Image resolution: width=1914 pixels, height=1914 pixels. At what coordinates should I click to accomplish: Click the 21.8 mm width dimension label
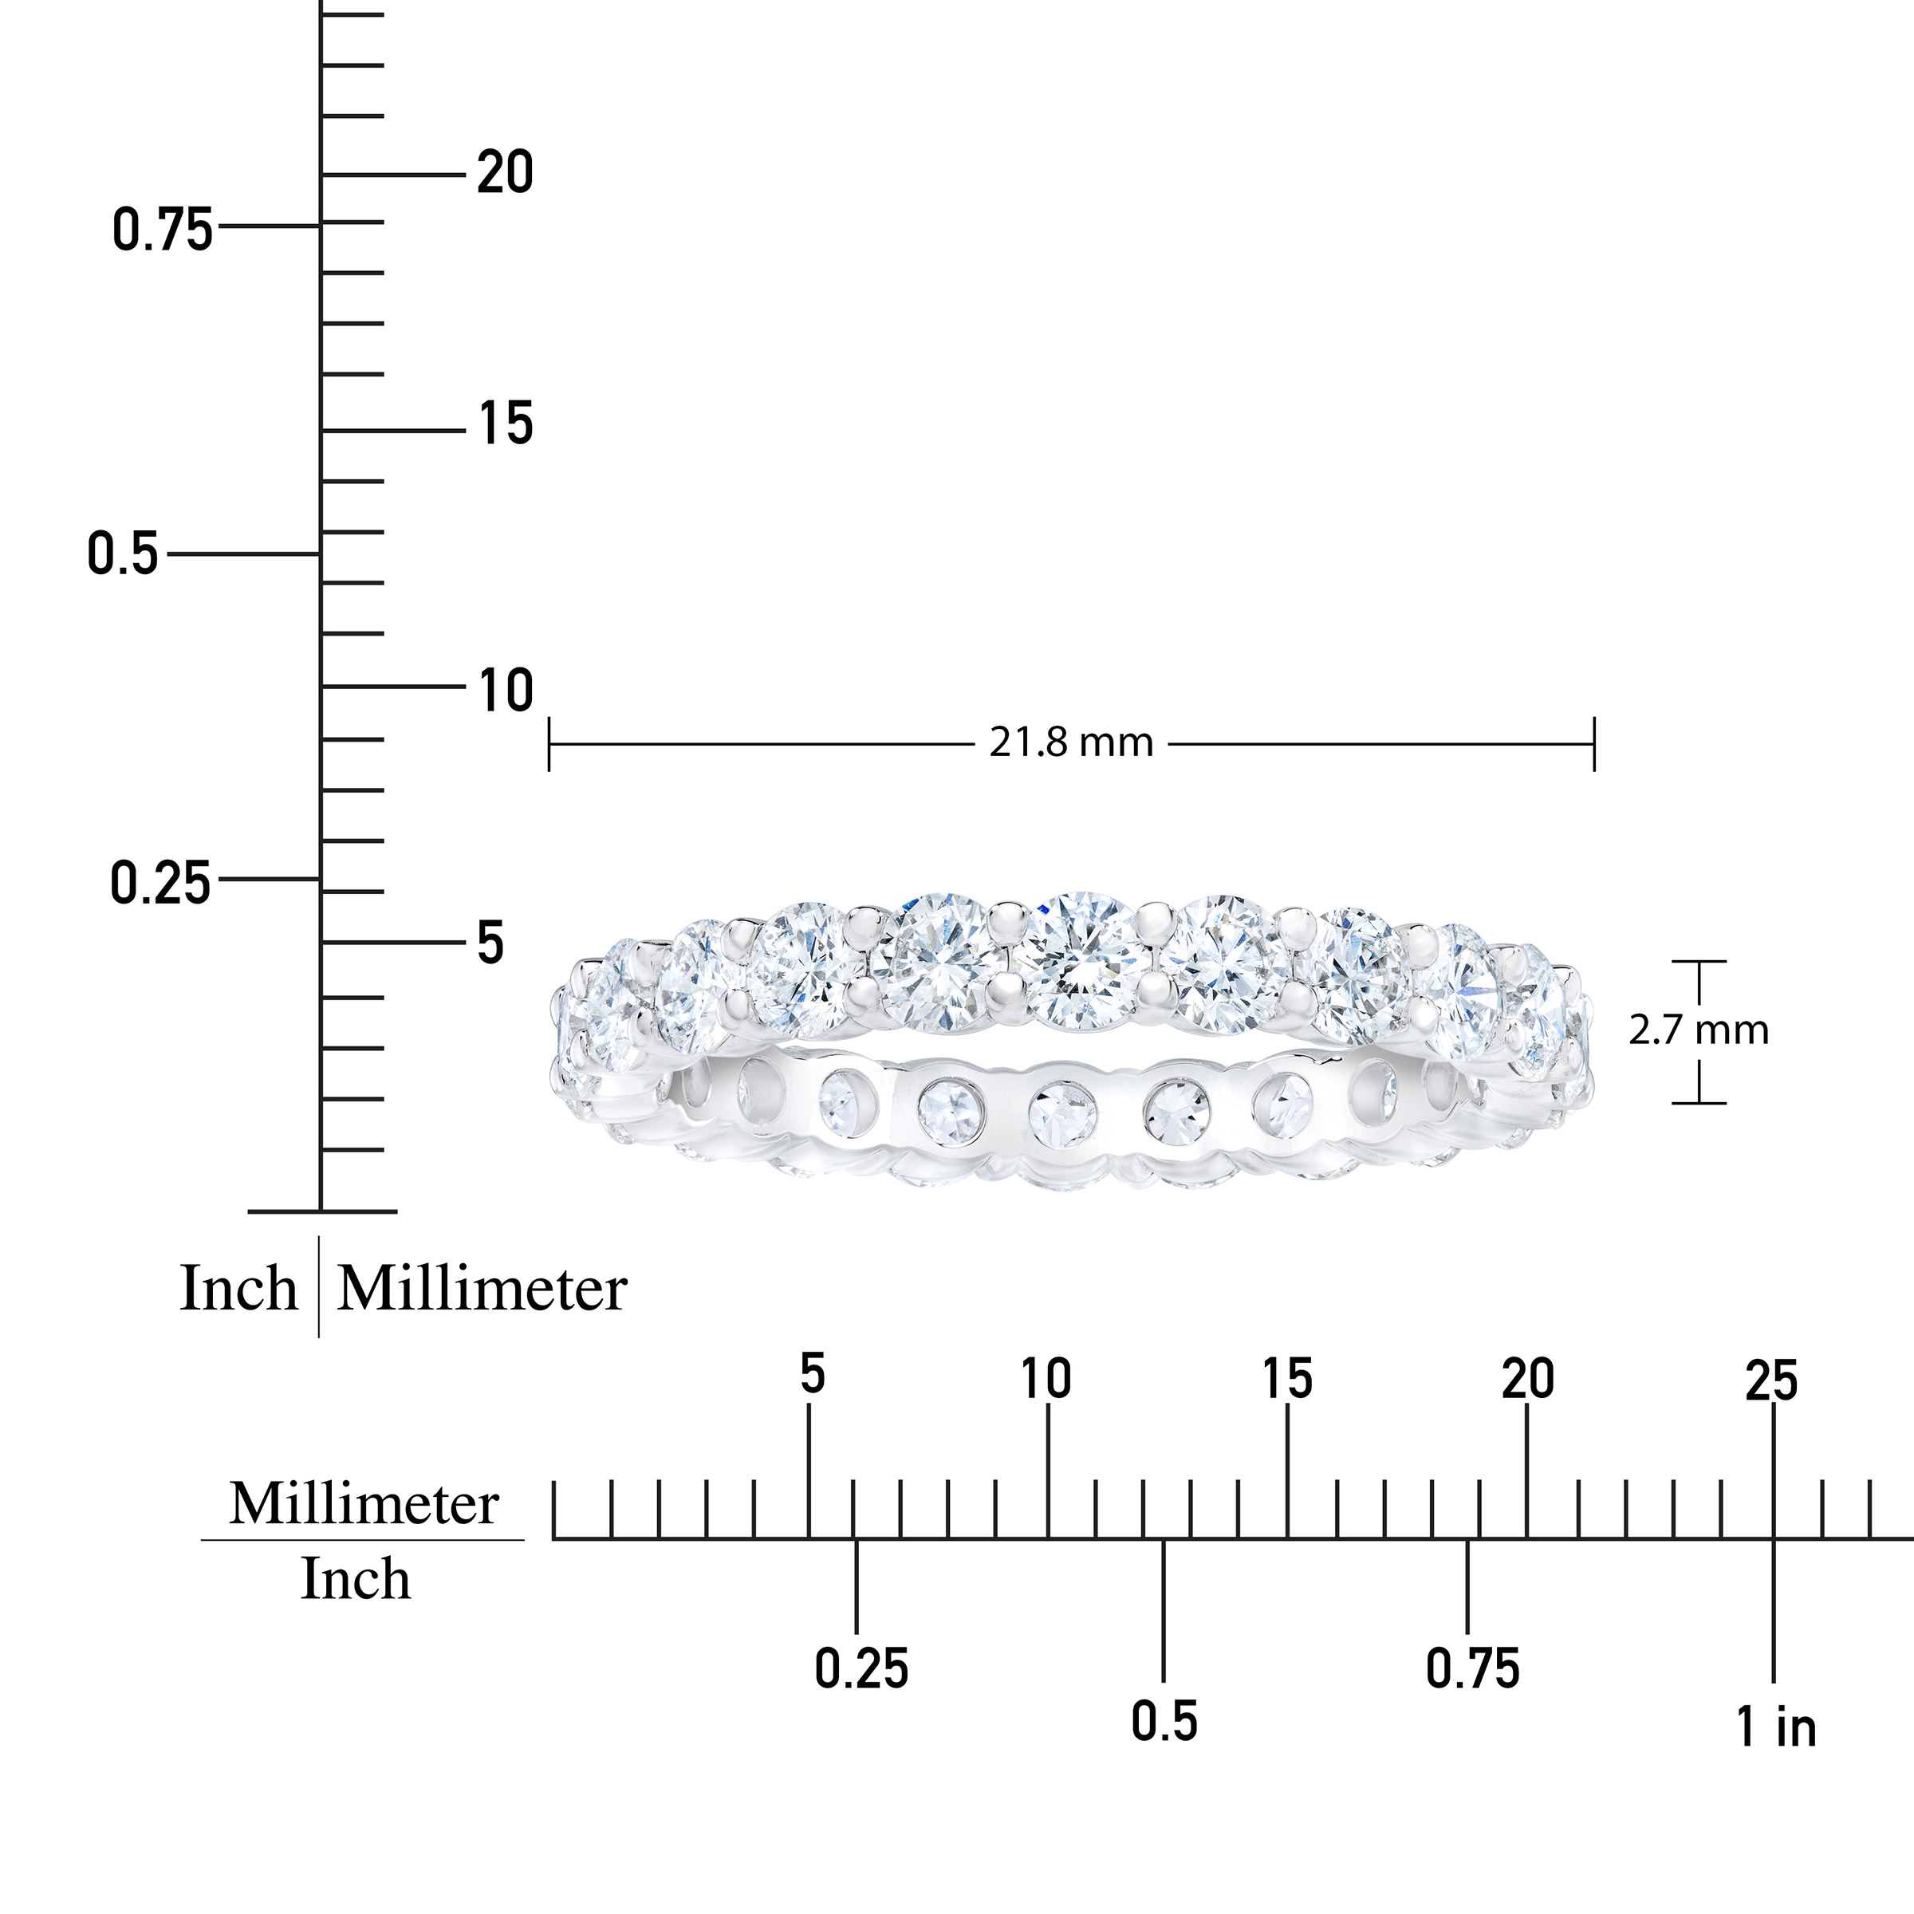[x=1071, y=743]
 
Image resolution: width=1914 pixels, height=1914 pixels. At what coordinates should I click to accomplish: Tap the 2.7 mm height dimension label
[x=1698, y=1031]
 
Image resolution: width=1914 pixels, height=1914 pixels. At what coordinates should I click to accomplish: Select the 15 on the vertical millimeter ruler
[x=506, y=424]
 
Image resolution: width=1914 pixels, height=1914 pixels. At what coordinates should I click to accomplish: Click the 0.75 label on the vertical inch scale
[x=163, y=230]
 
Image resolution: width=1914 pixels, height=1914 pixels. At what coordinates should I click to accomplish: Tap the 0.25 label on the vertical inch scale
[x=160, y=884]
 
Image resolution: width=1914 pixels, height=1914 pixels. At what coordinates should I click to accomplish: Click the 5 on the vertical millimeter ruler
[x=490, y=943]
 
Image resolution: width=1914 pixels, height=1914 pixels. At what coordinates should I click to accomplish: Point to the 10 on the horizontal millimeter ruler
[x=1046, y=1379]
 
